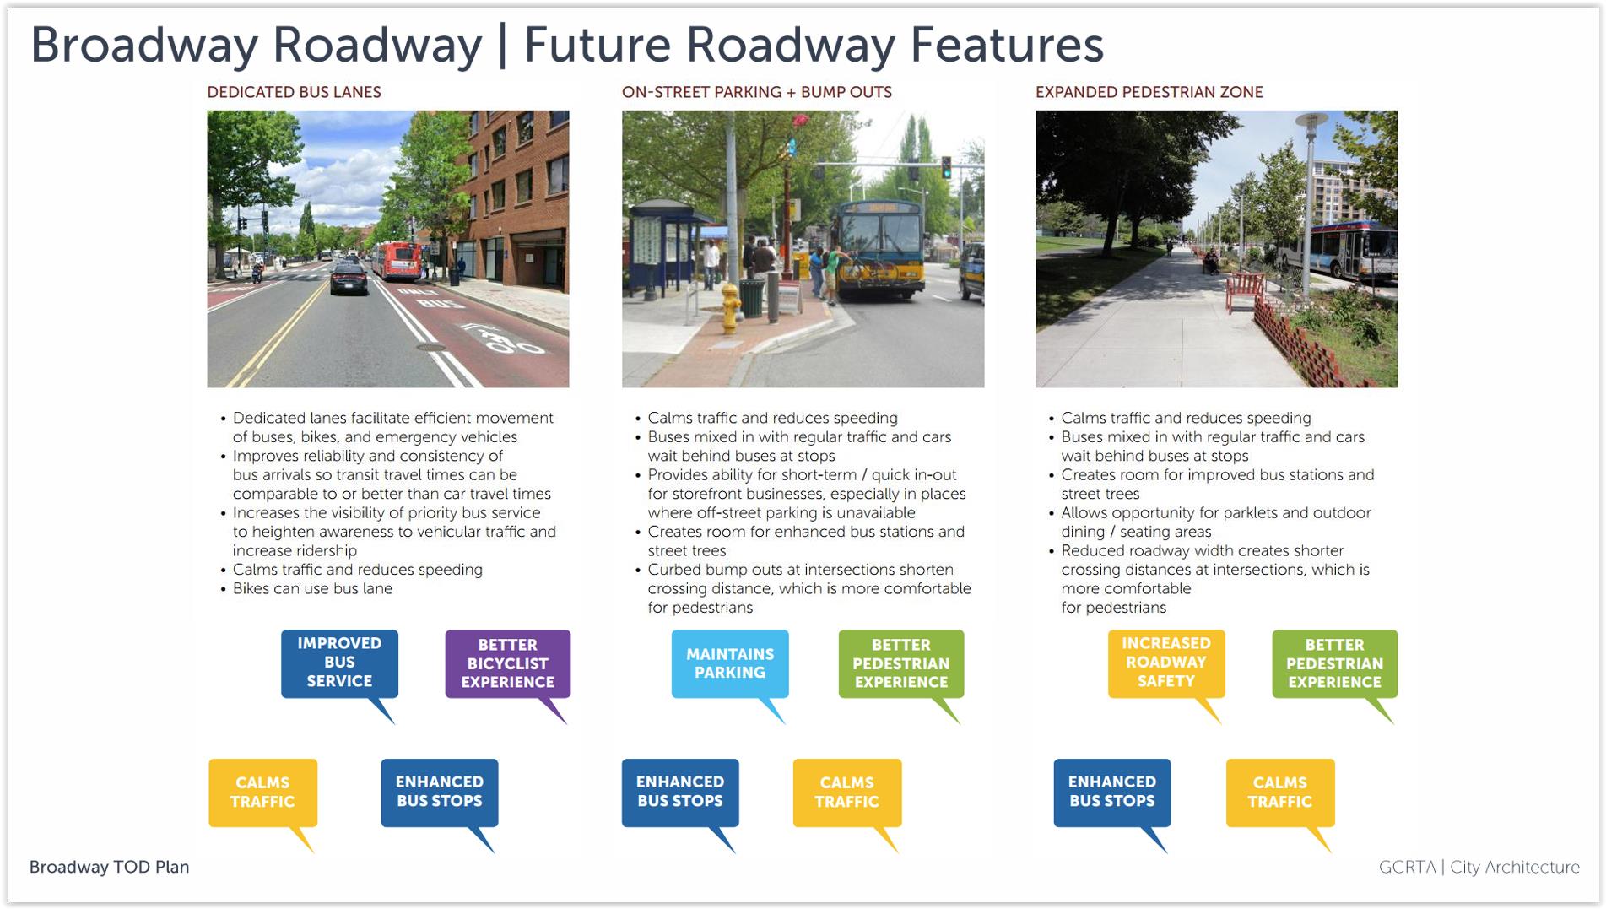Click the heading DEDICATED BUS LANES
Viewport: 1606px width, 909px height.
[294, 92]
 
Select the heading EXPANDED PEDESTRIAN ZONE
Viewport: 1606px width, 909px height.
[1149, 92]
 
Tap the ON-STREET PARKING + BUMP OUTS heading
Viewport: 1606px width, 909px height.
[756, 92]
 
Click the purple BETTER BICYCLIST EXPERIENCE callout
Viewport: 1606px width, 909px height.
[508, 664]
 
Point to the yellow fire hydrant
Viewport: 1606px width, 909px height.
[731, 307]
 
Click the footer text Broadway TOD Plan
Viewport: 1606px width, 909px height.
[109, 867]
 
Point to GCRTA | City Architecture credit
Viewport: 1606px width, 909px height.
[1479, 867]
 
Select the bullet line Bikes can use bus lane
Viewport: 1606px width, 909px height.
[312, 588]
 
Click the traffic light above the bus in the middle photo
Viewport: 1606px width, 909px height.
[946, 167]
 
